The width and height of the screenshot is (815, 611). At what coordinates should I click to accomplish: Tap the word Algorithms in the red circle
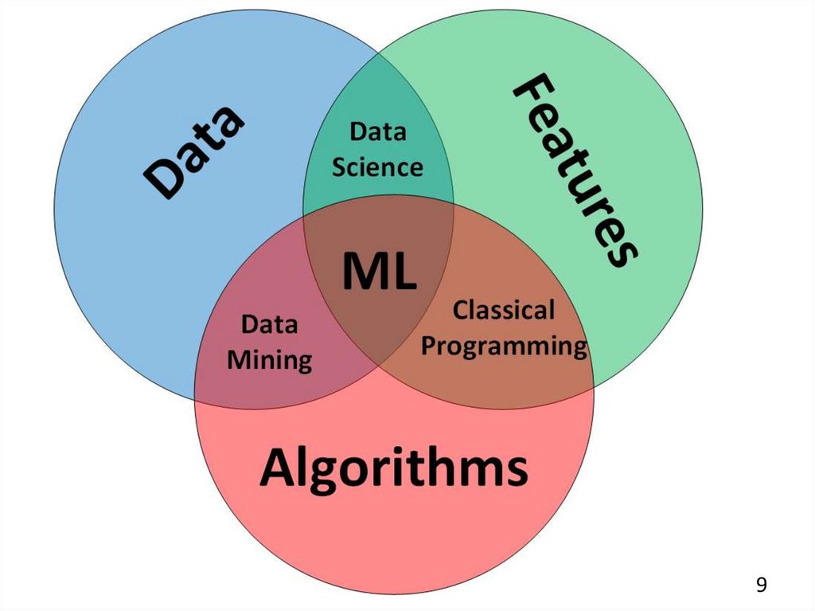coord(393,468)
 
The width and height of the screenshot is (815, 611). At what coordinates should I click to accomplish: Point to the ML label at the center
coord(379,271)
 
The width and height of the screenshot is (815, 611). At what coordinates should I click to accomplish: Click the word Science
coord(377,167)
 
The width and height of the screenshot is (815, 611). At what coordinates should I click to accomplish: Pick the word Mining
coord(270,361)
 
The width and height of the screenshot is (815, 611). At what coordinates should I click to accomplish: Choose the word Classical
coord(503,310)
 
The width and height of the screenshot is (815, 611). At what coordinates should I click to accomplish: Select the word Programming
coord(504,347)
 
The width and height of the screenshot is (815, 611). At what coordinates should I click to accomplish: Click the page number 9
coord(762,585)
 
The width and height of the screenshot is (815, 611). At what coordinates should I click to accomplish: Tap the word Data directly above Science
coord(378,131)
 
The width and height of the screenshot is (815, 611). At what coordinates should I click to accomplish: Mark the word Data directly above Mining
coord(269,325)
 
